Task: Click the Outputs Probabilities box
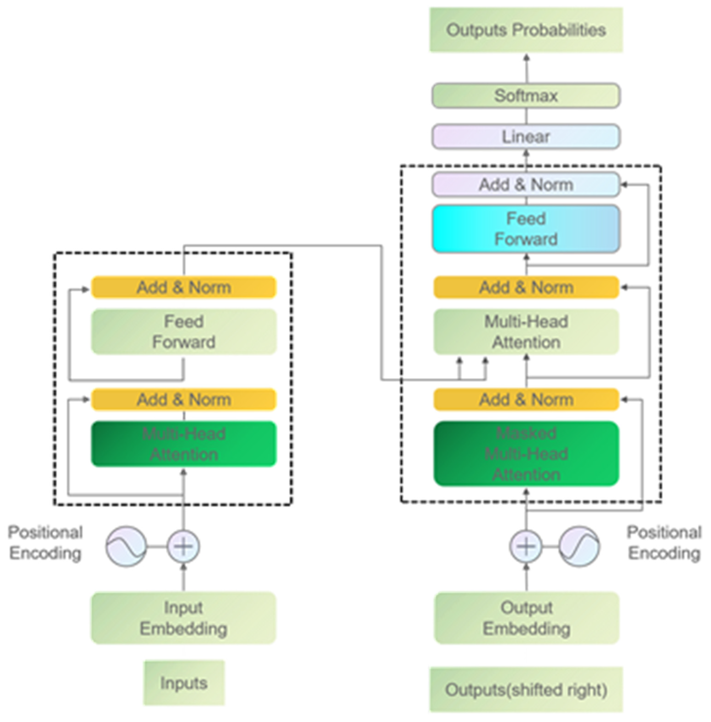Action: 526,30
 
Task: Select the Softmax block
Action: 526,96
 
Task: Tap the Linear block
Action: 526,137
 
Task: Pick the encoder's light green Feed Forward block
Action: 184,331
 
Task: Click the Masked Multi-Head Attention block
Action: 526,454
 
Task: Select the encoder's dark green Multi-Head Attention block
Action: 184,444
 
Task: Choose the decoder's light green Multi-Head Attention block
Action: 526,331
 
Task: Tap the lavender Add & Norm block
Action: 526,184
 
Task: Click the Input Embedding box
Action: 184,618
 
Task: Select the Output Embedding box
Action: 526,618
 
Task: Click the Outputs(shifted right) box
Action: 526,690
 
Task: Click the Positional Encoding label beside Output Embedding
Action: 664,542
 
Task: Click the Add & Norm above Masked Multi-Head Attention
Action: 526,400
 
